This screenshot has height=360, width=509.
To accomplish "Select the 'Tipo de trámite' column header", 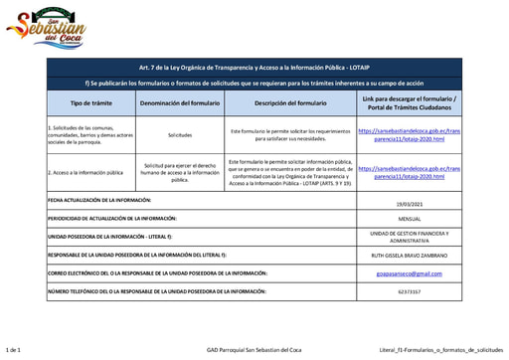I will point(84,103).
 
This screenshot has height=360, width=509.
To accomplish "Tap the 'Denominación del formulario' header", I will point(180,103).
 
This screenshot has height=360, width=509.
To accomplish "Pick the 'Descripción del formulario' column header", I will point(290,103).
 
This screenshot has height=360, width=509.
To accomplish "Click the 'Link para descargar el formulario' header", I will point(410,103).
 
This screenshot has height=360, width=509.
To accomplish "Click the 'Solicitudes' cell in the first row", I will point(180,133).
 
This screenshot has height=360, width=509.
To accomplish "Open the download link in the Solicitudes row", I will point(410,133).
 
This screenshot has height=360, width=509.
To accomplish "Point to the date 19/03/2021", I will point(410,203).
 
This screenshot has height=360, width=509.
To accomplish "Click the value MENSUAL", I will point(410,218).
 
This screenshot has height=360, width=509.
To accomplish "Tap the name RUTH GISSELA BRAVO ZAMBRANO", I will point(410,255).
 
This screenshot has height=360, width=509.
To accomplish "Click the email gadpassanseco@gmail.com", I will point(410,272).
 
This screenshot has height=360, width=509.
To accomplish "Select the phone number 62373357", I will point(410,292).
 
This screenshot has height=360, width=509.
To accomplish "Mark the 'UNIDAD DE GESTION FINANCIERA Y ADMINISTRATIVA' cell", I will point(410,237).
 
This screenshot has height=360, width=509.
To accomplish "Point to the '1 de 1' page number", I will point(14,350).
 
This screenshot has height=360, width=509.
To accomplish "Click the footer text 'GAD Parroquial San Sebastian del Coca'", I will point(254,350).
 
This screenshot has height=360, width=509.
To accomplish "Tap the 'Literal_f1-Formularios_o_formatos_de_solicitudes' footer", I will point(440,350).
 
